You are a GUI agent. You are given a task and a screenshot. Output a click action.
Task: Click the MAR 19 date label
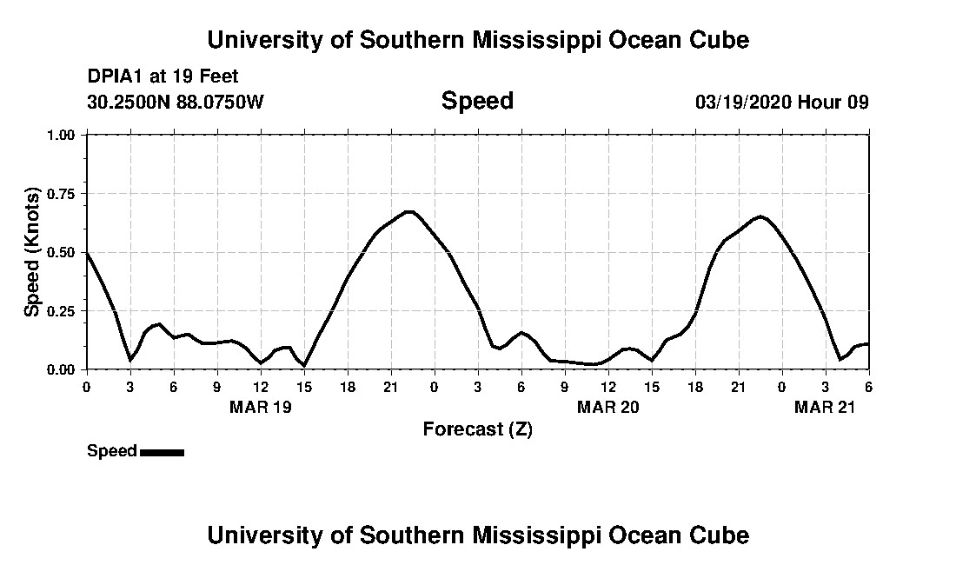tap(261, 407)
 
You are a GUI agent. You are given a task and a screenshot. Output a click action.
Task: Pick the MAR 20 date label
tap(608, 407)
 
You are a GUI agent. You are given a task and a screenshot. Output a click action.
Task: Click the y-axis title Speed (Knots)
tap(32, 252)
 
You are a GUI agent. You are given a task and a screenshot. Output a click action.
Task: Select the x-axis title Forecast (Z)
tap(477, 429)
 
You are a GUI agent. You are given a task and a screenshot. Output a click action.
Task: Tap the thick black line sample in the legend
tap(162, 452)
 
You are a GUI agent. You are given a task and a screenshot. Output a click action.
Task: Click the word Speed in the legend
tap(111, 451)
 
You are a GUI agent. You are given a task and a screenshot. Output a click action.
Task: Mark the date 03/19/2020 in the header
tap(743, 102)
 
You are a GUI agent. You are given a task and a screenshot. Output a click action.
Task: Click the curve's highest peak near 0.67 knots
tap(409, 211)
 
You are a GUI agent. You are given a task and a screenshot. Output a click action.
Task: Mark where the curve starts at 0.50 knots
tap(87, 252)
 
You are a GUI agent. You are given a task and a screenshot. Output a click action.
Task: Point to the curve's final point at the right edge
tap(868, 344)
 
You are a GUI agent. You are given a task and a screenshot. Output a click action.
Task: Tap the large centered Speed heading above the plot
tap(477, 101)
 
